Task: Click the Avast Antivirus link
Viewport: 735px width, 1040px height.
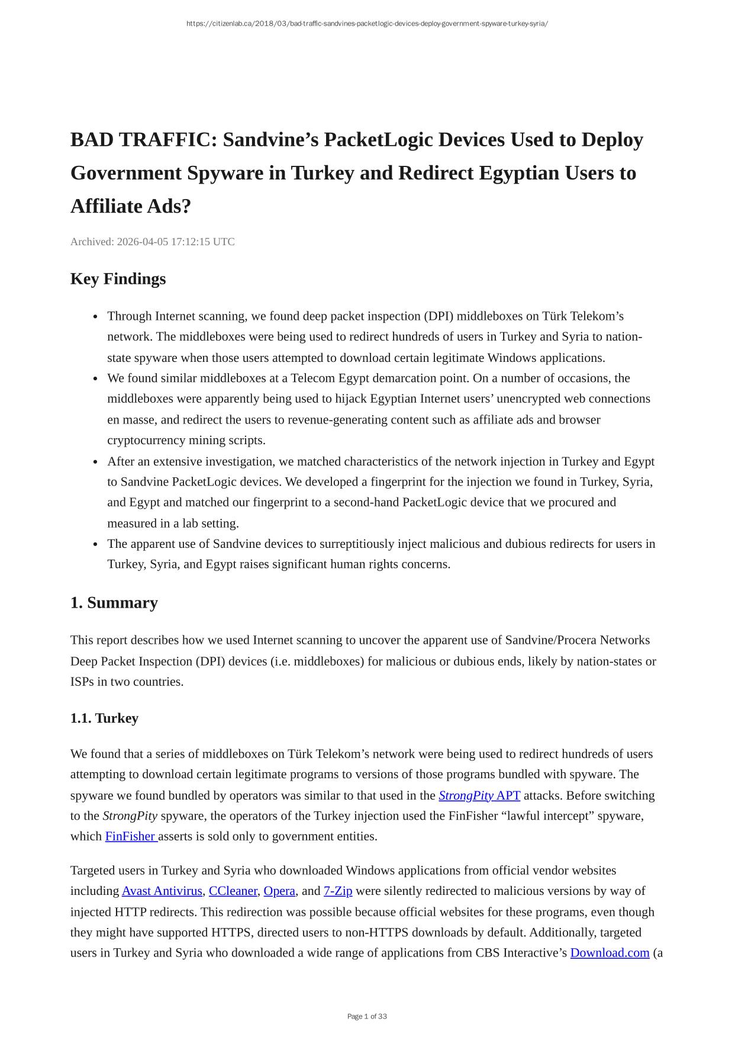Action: (x=162, y=891)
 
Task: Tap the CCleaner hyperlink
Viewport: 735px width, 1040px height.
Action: (x=233, y=891)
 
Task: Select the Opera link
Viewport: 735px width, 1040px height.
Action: (x=279, y=891)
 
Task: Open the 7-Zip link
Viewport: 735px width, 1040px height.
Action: (x=338, y=891)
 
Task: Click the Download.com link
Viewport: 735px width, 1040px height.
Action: (x=610, y=953)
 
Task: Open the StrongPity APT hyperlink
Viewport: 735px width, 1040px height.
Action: (x=479, y=795)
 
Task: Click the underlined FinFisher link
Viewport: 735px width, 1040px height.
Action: (x=130, y=836)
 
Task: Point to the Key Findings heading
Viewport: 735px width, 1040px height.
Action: (x=118, y=279)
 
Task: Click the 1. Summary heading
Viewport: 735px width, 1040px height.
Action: (x=114, y=603)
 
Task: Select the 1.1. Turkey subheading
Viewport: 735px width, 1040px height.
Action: (x=104, y=718)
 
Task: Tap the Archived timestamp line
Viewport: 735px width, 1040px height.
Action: (x=152, y=242)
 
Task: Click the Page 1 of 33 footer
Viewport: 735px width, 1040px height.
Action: (x=367, y=1016)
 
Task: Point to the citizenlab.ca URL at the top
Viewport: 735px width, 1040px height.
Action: (x=367, y=24)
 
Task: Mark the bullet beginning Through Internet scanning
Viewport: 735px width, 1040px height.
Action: (x=96, y=317)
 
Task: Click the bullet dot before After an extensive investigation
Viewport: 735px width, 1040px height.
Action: (x=96, y=462)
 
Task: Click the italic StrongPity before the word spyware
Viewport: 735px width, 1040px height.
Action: (x=130, y=816)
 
